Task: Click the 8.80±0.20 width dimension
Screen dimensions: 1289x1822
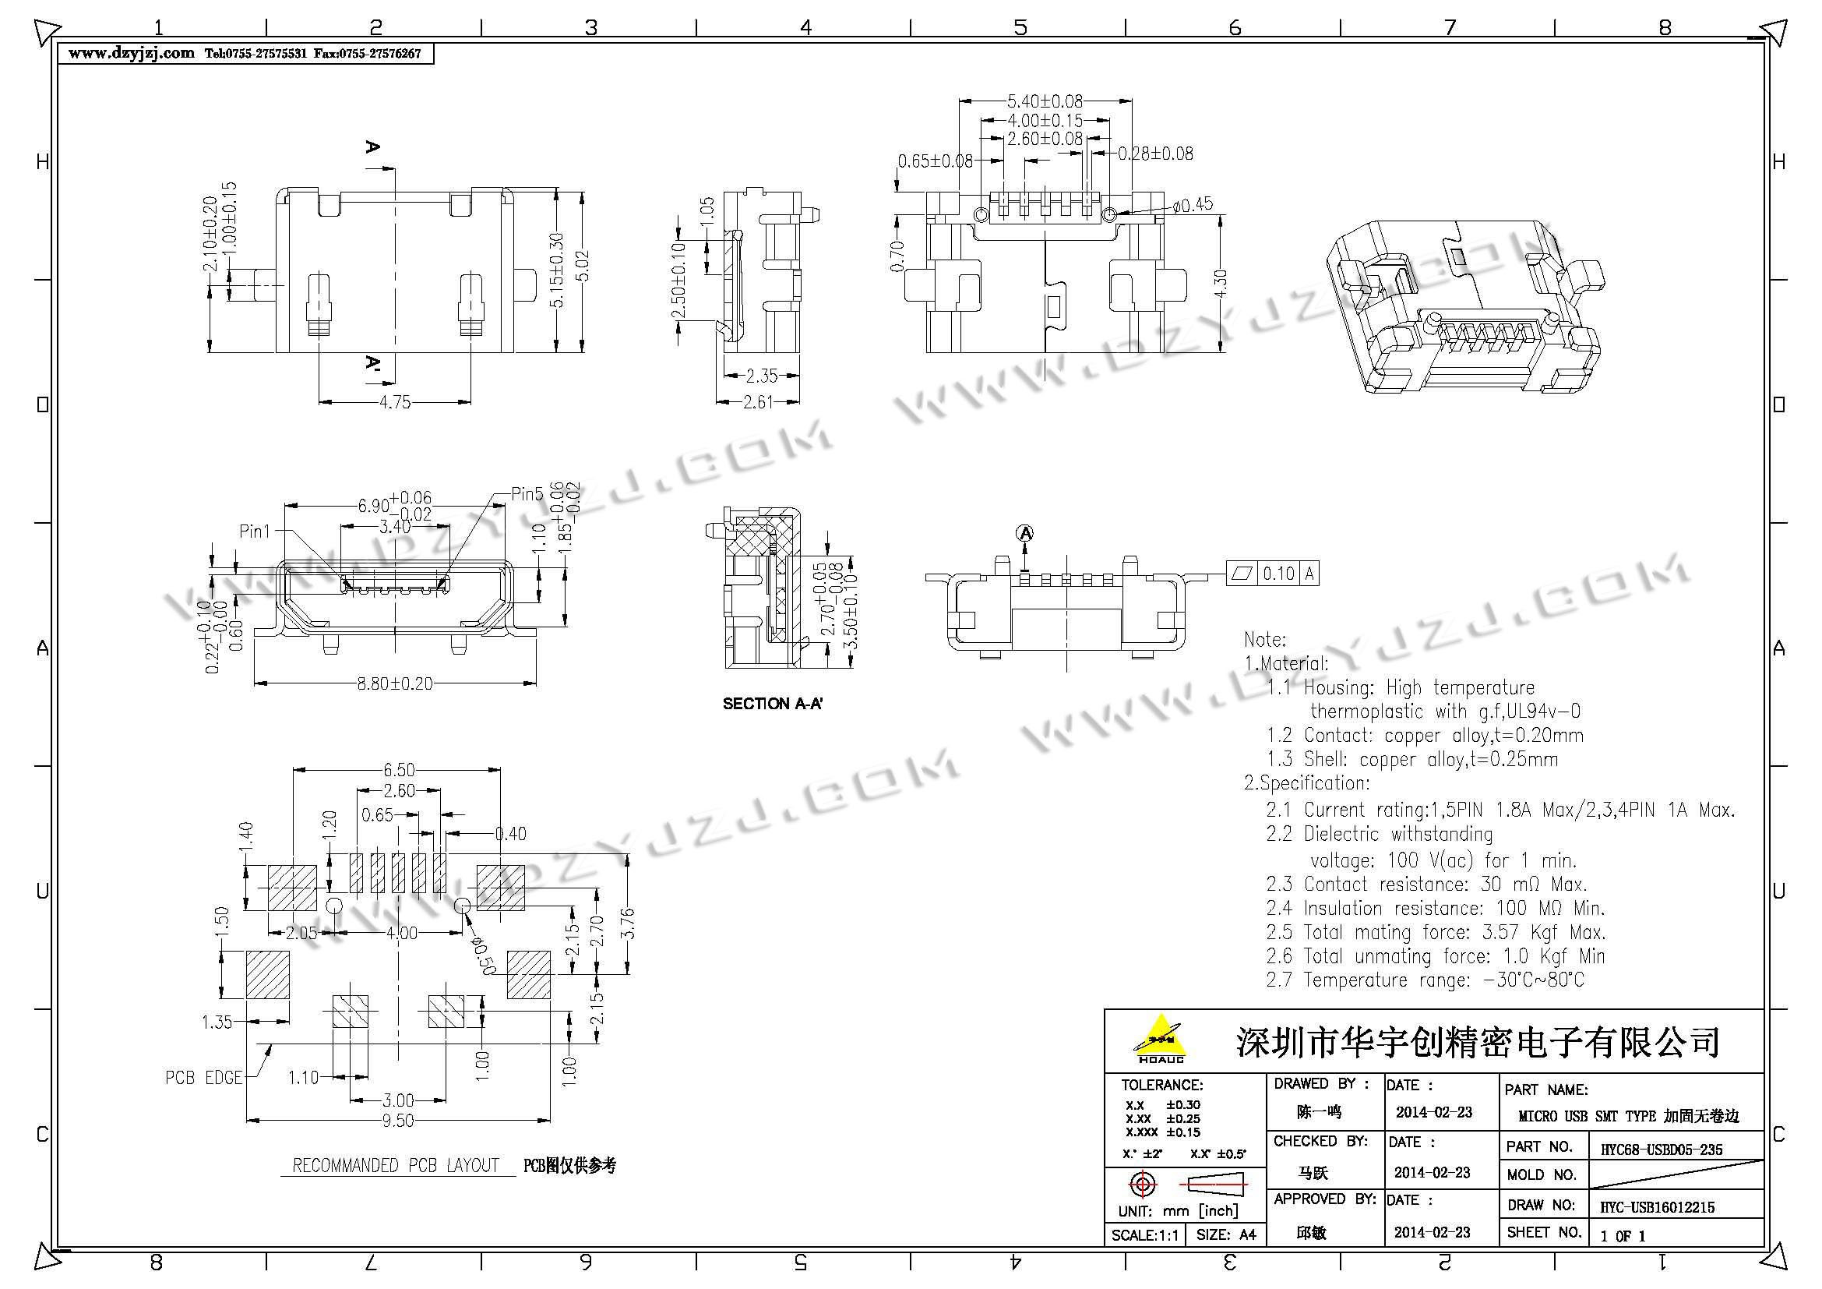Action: pos(394,683)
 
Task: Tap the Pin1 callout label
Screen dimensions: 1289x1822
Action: pos(255,531)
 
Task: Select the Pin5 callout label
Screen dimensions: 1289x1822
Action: pos(527,493)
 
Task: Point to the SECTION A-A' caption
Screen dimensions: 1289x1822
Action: pos(772,704)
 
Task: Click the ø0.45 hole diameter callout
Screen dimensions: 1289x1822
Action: pos(1192,204)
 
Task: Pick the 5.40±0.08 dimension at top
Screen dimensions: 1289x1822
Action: pos(1045,101)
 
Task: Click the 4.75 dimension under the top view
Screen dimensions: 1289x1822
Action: pos(394,402)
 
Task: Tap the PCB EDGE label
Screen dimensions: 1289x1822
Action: pos(203,1078)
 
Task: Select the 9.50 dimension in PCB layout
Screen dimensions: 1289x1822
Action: pos(397,1120)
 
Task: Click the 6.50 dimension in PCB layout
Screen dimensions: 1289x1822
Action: pos(398,770)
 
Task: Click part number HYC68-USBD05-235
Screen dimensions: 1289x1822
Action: pos(1656,1150)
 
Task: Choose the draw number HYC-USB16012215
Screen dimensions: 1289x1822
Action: pos(1657,1207)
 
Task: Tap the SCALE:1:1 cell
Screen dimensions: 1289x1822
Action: pos(1144,1235)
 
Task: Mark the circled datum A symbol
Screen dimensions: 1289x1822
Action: pos(1025,533)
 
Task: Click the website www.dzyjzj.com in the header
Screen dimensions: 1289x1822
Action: pos(131,53)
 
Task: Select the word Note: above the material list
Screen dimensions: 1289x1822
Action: pos(1265,640)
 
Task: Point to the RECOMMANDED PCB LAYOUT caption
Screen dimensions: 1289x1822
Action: pos(395,1165)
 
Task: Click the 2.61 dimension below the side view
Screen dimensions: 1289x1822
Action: pos(757,402)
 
